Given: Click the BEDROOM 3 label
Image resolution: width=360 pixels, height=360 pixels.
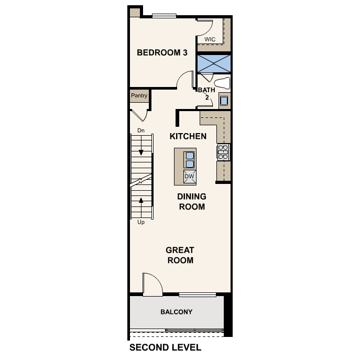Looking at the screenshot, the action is [162, 52].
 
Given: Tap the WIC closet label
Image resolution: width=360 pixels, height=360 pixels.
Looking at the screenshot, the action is [210, 39].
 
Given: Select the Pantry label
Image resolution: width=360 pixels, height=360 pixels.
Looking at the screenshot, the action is [139, 95].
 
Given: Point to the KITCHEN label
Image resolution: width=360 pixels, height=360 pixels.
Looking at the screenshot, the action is [188, 136].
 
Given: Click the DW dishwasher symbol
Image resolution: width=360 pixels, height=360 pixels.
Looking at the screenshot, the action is [190, 177].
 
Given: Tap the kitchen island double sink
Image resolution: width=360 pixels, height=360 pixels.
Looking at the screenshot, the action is [190, 160].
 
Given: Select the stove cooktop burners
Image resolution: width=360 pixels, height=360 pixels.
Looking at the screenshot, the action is [223, 152].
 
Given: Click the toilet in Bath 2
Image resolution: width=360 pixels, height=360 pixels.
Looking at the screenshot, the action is [222, 83].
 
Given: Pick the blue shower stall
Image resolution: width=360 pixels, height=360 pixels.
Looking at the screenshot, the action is [214, 63].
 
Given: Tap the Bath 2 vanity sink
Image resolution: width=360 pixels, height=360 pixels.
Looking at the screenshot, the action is [224, 101].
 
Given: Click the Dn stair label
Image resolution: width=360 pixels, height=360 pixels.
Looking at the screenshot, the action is [141, 130].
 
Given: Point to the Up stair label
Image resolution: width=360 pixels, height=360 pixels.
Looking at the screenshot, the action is [141, 222].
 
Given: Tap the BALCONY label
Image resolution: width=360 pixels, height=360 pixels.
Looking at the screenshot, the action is [176, 312].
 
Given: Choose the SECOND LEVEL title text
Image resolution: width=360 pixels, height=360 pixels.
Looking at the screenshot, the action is [165, 347].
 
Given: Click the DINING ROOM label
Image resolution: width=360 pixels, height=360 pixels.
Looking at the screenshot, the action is [192, 202].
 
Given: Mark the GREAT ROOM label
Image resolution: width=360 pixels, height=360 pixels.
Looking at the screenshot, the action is [180, 255].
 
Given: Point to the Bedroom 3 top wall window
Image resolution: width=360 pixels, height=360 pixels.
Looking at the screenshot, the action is [164, 16].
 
